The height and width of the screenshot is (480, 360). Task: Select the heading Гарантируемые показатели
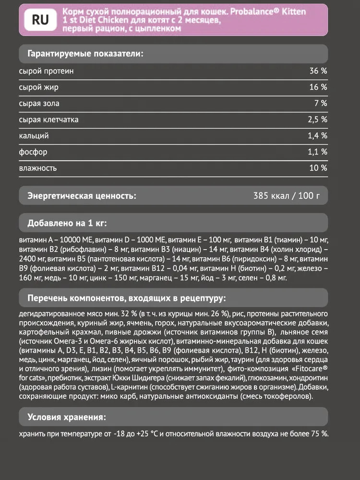pos(86,53)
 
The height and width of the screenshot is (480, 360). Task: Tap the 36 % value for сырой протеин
pos(318,71)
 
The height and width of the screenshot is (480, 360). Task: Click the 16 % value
pos(318,87)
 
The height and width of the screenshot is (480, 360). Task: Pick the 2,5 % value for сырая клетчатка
pos(317,120)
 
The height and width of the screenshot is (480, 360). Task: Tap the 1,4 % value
pos(317,136)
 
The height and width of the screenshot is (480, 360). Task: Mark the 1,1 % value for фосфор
pos(317,152)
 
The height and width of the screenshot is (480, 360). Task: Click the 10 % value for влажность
pos(318,168)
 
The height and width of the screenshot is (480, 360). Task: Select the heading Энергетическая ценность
pos(82,196)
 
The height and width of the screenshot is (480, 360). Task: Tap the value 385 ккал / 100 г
pos(286,196)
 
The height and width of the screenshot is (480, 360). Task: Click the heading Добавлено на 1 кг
pos(67,223)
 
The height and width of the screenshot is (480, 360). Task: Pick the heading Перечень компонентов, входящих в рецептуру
pos(126,299)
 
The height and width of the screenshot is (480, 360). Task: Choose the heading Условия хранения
pos(67,416)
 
